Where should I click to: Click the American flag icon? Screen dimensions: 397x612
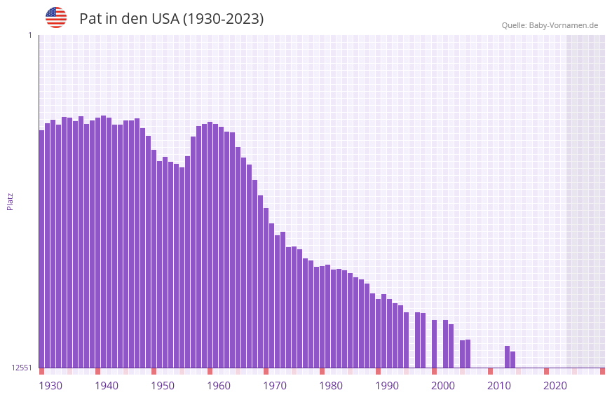[x=56, y=18]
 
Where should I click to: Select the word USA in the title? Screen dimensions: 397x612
[x=165, y=19]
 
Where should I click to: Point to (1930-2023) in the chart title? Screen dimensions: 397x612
[x=223, y=19]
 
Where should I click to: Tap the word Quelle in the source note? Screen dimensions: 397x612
[x=513, y=26]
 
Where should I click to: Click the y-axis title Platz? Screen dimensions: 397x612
[x=10, y=201]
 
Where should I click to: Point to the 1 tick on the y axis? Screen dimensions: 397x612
[x=29, y=35]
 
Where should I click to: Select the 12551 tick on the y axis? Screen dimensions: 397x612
[x=22, y=368]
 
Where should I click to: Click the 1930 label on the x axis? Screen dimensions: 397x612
[x=50, y=386]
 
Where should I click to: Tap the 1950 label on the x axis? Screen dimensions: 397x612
[x=163, y=386]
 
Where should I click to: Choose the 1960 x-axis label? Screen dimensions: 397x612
[x=219, y=386]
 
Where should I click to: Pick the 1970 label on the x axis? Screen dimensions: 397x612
[x=275, y=386]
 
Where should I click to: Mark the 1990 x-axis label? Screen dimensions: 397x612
[x=387, y=386]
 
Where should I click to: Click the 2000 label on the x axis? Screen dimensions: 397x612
[x=443, y=386]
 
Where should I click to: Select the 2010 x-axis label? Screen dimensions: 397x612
[x=499, y=386]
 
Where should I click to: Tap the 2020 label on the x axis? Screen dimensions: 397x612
[x=555, y=386]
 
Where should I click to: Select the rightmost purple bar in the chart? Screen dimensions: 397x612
[x=512, y=359]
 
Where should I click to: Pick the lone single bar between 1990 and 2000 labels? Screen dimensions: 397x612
[x=434, y=344]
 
